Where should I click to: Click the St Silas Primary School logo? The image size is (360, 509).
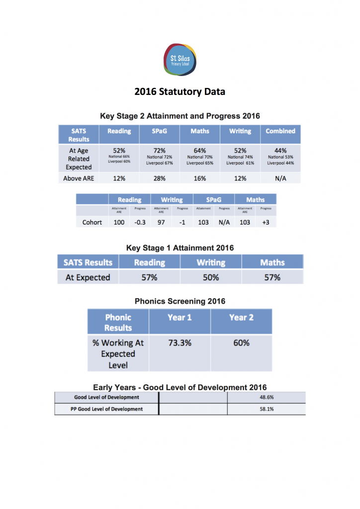(180, 59)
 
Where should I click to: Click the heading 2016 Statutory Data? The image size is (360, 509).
(180, 92)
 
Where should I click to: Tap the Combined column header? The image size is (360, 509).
(280, 131)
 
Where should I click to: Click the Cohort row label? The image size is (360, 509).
(92, 222)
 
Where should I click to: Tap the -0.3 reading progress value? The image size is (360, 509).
(140, 222)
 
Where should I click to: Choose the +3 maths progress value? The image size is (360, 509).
(266, 222)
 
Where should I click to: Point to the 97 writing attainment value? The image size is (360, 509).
(161, 222)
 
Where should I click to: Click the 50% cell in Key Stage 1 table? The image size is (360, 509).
(211, 277)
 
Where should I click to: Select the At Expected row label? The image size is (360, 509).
(88, 277)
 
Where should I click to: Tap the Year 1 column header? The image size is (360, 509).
(180, 317)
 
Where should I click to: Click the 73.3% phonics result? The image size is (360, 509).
(180, 343)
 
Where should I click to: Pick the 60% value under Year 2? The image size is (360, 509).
(241, 343)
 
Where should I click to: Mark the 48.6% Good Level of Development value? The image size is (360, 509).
(267, 398)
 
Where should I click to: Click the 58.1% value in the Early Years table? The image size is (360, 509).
(267, 409)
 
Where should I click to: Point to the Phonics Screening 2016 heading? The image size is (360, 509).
(180, 301)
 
